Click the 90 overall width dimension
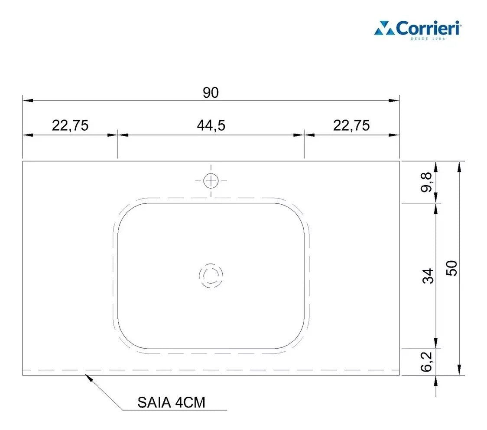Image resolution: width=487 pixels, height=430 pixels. (211, 93)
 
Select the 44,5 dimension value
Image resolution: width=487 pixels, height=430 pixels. (211, 125)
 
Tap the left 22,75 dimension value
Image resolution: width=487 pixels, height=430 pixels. (70, 125)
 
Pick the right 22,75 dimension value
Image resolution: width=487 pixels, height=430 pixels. (351, 125)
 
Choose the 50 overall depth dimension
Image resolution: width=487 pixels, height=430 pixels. (452, 268)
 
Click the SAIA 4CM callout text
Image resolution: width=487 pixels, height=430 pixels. (171, 403)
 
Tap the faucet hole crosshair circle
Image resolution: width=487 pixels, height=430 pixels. (211, 181)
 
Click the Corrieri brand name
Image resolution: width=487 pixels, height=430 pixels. (423, 29)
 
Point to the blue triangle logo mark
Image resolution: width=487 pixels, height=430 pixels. (384, 29)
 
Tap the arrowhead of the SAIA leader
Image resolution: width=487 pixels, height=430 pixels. (89, 377)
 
